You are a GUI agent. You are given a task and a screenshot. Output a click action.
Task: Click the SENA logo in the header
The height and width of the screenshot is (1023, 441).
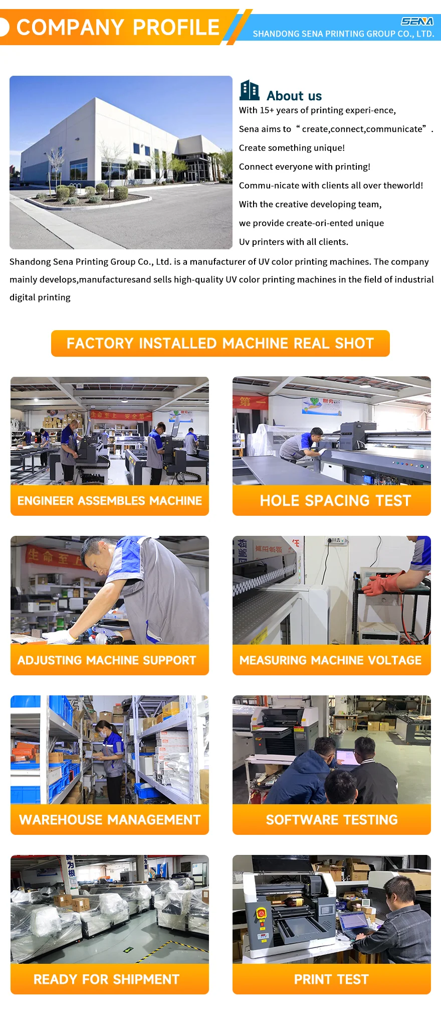point(417,22)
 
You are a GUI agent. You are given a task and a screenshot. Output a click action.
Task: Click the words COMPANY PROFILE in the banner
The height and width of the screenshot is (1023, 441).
point(118,27)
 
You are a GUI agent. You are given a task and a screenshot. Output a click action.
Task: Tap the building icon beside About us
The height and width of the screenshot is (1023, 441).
point(250,90)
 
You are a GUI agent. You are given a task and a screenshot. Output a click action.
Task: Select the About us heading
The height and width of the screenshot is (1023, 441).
point(294,96)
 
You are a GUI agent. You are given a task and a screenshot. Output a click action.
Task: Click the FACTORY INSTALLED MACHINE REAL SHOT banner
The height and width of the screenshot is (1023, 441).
point(220,343)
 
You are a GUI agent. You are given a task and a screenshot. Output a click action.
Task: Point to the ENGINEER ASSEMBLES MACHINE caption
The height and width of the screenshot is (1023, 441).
point(110,501)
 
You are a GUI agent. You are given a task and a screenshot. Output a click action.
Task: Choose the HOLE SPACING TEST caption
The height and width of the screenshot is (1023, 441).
point(335,501)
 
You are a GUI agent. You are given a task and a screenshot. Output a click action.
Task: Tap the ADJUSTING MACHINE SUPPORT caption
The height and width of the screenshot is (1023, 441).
point(107,660)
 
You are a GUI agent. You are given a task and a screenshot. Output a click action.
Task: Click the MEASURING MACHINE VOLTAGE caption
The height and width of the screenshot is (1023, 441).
point(331,660)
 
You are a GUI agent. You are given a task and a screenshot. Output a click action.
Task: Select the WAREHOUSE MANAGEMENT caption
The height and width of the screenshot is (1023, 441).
point(110,820)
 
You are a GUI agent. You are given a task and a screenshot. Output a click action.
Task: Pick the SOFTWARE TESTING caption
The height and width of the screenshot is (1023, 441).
point(332,820)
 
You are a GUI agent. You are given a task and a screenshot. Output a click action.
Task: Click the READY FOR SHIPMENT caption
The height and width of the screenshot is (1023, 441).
point(106,979)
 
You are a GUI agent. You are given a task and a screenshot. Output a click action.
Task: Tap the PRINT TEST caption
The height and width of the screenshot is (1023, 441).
point(331,979)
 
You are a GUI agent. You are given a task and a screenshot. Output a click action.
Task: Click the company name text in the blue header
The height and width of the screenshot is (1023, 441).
point(343,34)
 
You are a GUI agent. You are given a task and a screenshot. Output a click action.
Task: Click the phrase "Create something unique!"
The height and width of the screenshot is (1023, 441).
point(292,148)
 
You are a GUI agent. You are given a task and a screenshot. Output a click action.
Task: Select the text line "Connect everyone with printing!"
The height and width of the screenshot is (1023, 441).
point(305,167)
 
